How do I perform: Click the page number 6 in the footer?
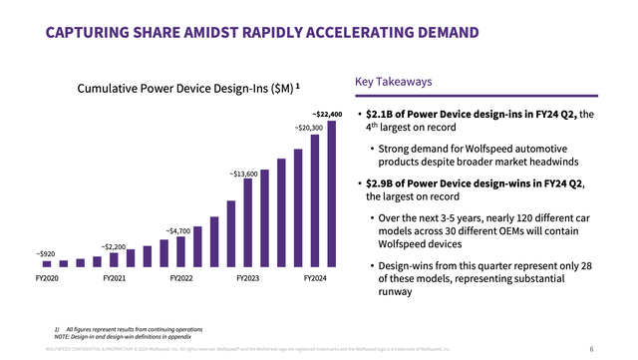591,349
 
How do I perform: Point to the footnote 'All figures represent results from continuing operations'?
134,328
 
